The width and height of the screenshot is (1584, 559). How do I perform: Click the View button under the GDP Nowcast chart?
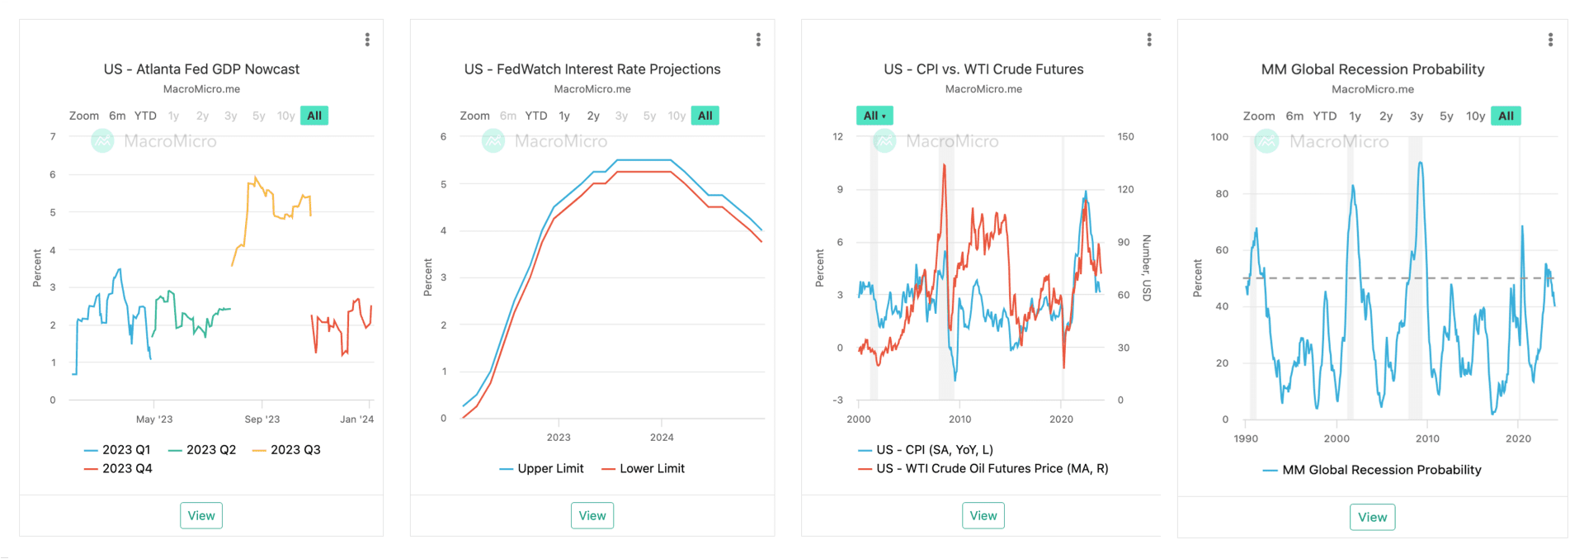pos(201,515)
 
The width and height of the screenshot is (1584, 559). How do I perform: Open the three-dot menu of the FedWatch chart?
pos(758,40)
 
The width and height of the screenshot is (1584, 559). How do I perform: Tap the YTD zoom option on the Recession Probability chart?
pos(1324,116)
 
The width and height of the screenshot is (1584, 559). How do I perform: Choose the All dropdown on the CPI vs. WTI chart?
pos(874,116)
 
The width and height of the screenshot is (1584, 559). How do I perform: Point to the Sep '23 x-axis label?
pos(262,419)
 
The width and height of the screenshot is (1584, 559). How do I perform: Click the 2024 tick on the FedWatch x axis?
pos(662,438)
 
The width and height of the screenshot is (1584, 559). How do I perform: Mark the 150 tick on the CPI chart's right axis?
pos(1125,137)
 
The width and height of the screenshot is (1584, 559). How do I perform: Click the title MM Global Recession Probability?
pos(1372,69)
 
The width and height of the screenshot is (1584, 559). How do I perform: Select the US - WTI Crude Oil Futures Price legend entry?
pos(992,469)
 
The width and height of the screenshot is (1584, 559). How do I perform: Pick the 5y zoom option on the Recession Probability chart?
pos(1446,116)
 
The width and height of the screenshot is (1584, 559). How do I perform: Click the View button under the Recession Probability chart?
pos(1372,517)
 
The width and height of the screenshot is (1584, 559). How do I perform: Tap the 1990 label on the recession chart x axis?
pos(1246,439)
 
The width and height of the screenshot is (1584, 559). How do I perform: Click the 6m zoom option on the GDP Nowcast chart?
pos(117,116)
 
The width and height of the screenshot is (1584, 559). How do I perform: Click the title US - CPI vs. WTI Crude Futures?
pos(983,69)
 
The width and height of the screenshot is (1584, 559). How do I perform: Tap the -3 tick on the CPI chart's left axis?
pos(838,400)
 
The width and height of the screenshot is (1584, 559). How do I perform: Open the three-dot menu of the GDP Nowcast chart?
pos(367,40)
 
